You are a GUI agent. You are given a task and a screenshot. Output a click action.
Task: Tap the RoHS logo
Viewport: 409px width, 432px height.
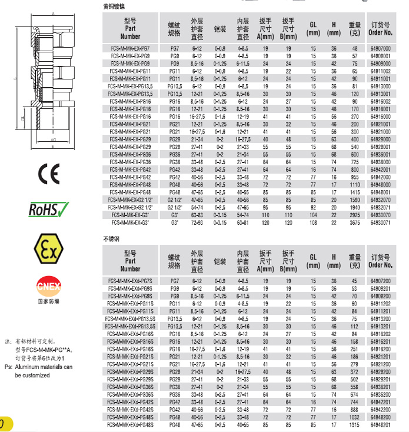click(49, 209)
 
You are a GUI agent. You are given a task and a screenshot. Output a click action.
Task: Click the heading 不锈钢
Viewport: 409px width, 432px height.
click(111, 240)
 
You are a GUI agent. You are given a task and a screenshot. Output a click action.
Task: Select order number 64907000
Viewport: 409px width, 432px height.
click(382, 48)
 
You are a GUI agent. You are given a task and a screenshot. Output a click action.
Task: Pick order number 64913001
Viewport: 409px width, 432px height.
click(382, 94)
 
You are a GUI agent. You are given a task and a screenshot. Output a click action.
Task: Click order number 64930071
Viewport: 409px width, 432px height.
click(382, 223)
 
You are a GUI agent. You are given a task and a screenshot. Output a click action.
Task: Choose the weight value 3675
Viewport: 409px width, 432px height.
click(354, 223)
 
